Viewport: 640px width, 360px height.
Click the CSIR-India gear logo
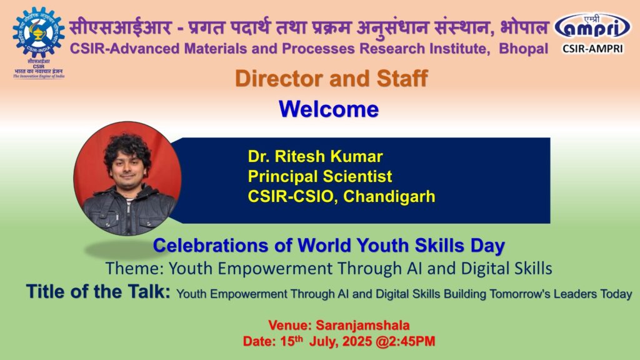[39, 32]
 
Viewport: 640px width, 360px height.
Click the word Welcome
[329, 109]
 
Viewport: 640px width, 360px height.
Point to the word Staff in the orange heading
[402, 78]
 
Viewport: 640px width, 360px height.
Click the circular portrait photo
[127, 178]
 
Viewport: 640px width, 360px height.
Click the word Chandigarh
[389, 196]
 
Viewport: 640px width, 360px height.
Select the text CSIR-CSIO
[292, 196]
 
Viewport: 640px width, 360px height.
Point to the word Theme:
[135, 269]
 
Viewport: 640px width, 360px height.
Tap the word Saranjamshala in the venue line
[363, 325]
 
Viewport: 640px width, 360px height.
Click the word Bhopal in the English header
[524, 49]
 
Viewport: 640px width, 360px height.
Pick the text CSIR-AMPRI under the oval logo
[592, 49]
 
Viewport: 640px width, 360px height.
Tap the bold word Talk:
[149, 291]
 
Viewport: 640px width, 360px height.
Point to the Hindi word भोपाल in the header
[524, 27]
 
